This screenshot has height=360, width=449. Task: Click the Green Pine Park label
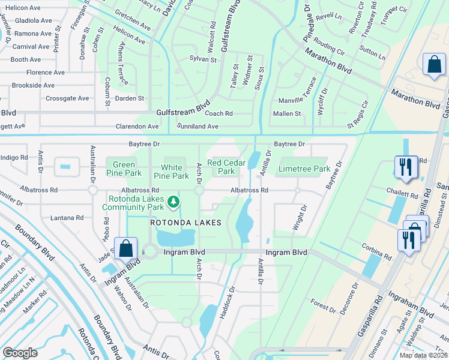(x=124, y=169)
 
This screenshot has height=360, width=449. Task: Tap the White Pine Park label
(x=175, y=172)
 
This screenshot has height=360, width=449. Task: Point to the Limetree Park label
(x=304, y=169)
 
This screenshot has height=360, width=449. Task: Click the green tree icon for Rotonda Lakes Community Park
(x=173, y=201)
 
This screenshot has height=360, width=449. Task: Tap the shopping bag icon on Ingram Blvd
(x=126, y=248)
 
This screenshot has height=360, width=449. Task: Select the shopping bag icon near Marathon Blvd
(x=433, y=65)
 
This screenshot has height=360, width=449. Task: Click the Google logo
(x=20, y=352)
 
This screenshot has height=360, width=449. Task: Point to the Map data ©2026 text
(x=423, y=355)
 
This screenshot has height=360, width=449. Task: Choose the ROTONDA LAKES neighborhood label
(x=185, y=223)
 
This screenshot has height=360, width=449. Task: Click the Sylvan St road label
(x=202, y=59)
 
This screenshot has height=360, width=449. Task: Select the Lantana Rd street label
(x=67, y=218)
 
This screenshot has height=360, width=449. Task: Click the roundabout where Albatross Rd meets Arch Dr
(x=199, y=190)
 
